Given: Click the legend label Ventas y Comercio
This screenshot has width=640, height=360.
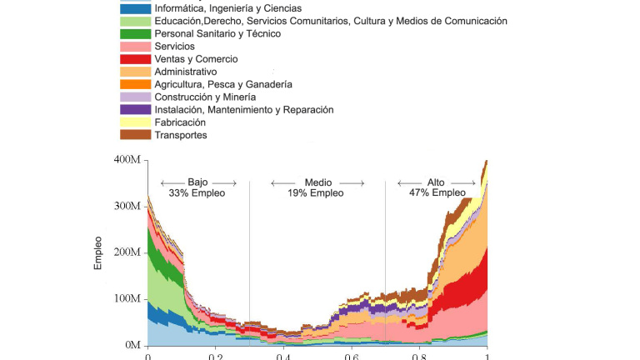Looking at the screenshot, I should [x=196, y=59].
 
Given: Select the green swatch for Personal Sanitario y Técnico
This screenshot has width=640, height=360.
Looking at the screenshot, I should [x=135, y=34].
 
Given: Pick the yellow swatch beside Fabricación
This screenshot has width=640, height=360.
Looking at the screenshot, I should [x=135, y=122].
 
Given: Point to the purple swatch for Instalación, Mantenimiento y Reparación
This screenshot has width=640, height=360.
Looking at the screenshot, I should [x=135, y=110].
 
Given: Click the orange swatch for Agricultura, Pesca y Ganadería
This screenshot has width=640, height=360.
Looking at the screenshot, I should [x=135, y=84].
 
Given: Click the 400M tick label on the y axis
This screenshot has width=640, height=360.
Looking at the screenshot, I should [x=128, y=160].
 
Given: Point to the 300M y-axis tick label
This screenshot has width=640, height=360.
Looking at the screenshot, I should [x=128, y=206].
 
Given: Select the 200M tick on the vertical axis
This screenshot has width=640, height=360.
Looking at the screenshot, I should [x=128, y=252].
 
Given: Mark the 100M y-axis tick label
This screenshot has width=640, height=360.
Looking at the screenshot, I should [x=128, y=299].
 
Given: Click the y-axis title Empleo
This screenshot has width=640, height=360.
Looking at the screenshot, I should [x=99, y=252].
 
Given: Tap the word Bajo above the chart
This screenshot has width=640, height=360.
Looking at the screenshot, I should [x=197, y=182].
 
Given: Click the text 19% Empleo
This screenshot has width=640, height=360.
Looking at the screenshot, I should [x=317, y=193].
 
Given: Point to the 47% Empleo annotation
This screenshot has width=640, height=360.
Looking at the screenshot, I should [x=437, y=193].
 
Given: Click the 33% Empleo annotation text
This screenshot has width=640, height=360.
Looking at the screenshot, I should [x=197, y=193].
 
